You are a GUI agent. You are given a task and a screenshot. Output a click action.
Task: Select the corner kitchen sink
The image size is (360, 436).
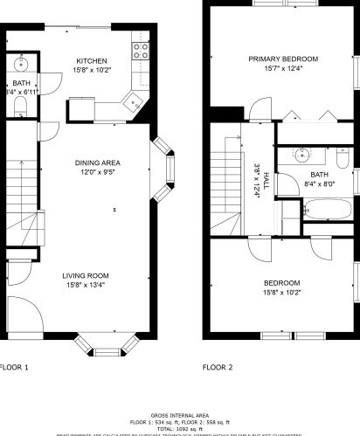(134, 101)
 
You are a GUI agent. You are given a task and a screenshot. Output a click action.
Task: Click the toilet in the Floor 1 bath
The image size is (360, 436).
(22, 107)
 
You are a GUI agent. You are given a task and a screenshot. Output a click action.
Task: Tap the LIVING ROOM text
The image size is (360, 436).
(90, 275)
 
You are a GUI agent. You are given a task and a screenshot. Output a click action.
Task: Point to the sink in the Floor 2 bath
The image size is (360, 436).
(302, 156)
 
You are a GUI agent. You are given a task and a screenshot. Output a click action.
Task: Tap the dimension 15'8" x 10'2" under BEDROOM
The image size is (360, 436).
(282, 292)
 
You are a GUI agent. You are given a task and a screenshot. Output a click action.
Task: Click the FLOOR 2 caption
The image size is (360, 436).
(218, 367)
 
